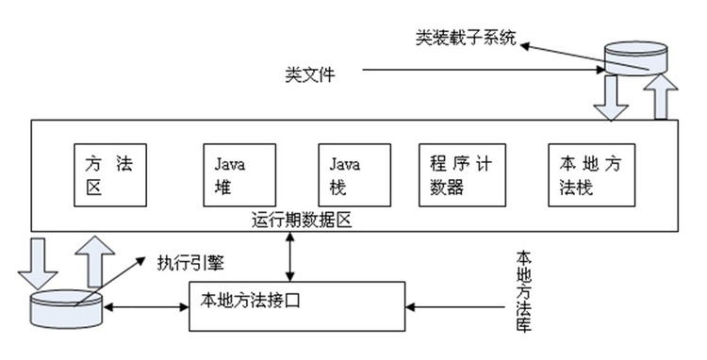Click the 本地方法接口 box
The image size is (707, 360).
297,304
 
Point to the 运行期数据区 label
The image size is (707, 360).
301,221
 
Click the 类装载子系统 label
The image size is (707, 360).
466,40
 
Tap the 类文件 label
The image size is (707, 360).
308,72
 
